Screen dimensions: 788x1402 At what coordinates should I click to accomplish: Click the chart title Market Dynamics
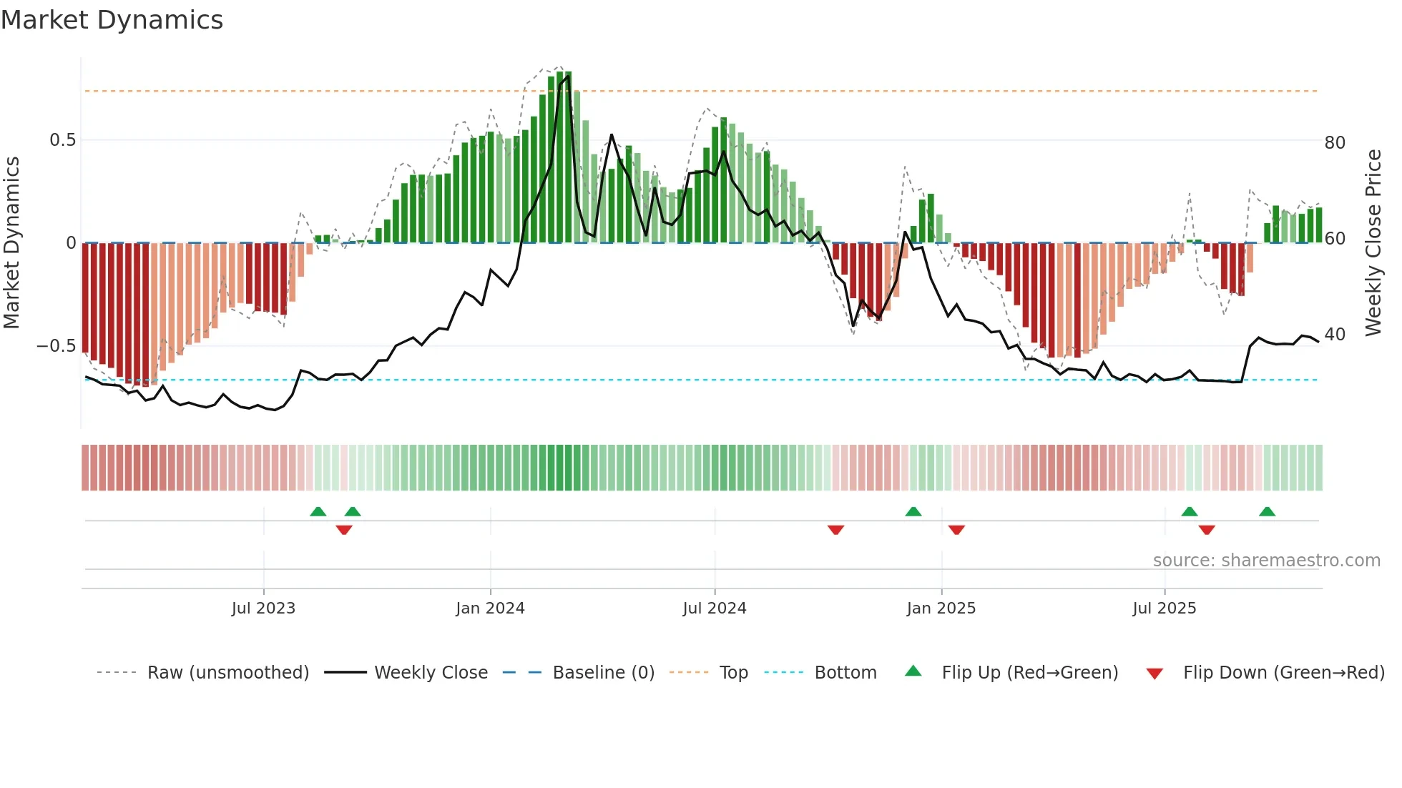coord(112,20)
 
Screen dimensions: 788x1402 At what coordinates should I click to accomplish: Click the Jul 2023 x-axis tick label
coord(263,609)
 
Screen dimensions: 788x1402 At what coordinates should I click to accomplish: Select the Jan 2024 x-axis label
coord(490,609)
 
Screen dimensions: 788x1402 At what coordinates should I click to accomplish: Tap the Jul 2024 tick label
coord(714,609)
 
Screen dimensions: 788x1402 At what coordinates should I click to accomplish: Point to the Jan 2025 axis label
coord(941,609)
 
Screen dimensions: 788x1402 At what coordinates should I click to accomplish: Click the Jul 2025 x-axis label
coord(1164,609)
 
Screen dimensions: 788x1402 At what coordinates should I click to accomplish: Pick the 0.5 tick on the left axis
coord(62,140)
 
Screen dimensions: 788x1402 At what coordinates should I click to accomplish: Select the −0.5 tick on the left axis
coord(56,346)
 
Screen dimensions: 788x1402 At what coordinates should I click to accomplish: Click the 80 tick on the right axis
coord(1335,143)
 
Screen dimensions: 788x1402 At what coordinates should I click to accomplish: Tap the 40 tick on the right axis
coord(1335,335)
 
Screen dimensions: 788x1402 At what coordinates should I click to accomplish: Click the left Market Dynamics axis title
coord(11,243)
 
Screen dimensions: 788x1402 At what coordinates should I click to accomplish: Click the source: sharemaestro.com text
coord(1266,561)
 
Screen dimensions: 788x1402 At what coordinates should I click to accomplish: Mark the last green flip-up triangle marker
coord(1267,512)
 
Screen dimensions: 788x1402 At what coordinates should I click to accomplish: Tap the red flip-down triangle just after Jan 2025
coord(956,530)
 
